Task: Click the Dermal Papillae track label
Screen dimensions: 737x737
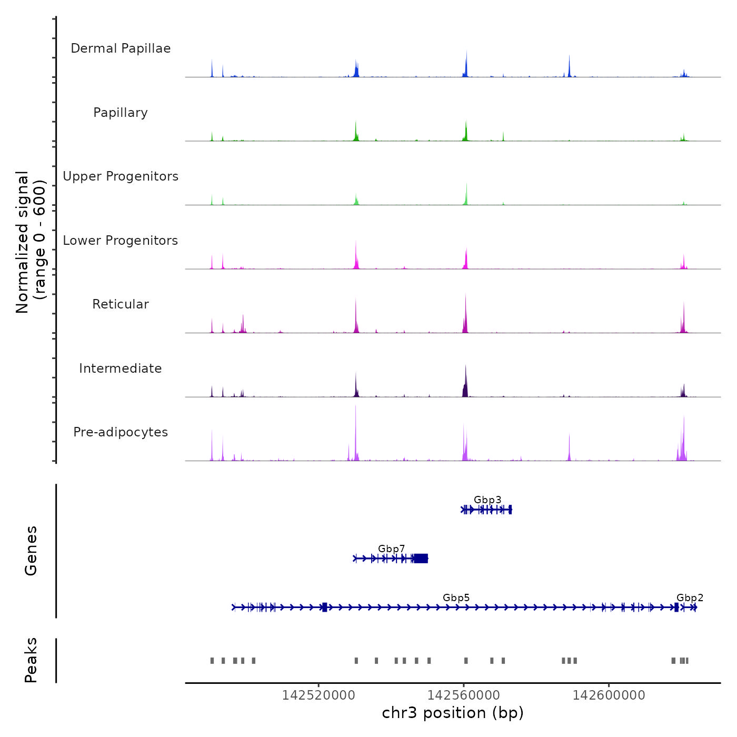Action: [x=121, y=48]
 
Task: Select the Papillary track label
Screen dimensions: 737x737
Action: [x=121, y=113]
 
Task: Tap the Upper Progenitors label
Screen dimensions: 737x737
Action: [x=121, y=176]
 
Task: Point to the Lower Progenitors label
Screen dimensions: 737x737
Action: [x=121, y=241]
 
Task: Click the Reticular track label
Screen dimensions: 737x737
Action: [x=121, y=304]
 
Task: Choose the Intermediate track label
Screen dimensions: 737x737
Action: [x=121, y=368]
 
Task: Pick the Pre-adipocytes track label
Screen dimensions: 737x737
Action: [x=121, y=432]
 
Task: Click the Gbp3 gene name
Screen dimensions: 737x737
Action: [x=487, y=500]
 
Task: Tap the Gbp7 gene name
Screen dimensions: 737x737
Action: [x=392, y=549]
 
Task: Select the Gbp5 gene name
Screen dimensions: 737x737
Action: [x=456, y=597]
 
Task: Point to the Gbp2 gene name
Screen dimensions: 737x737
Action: [x=690, y=597]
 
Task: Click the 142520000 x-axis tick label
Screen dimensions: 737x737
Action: [x=318, y=695]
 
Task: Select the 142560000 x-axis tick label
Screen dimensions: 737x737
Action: [x=464, y=695]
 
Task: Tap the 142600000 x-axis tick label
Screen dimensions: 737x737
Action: [x=609, y=695]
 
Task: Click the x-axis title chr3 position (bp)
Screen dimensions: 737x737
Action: [x=453, y=713]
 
